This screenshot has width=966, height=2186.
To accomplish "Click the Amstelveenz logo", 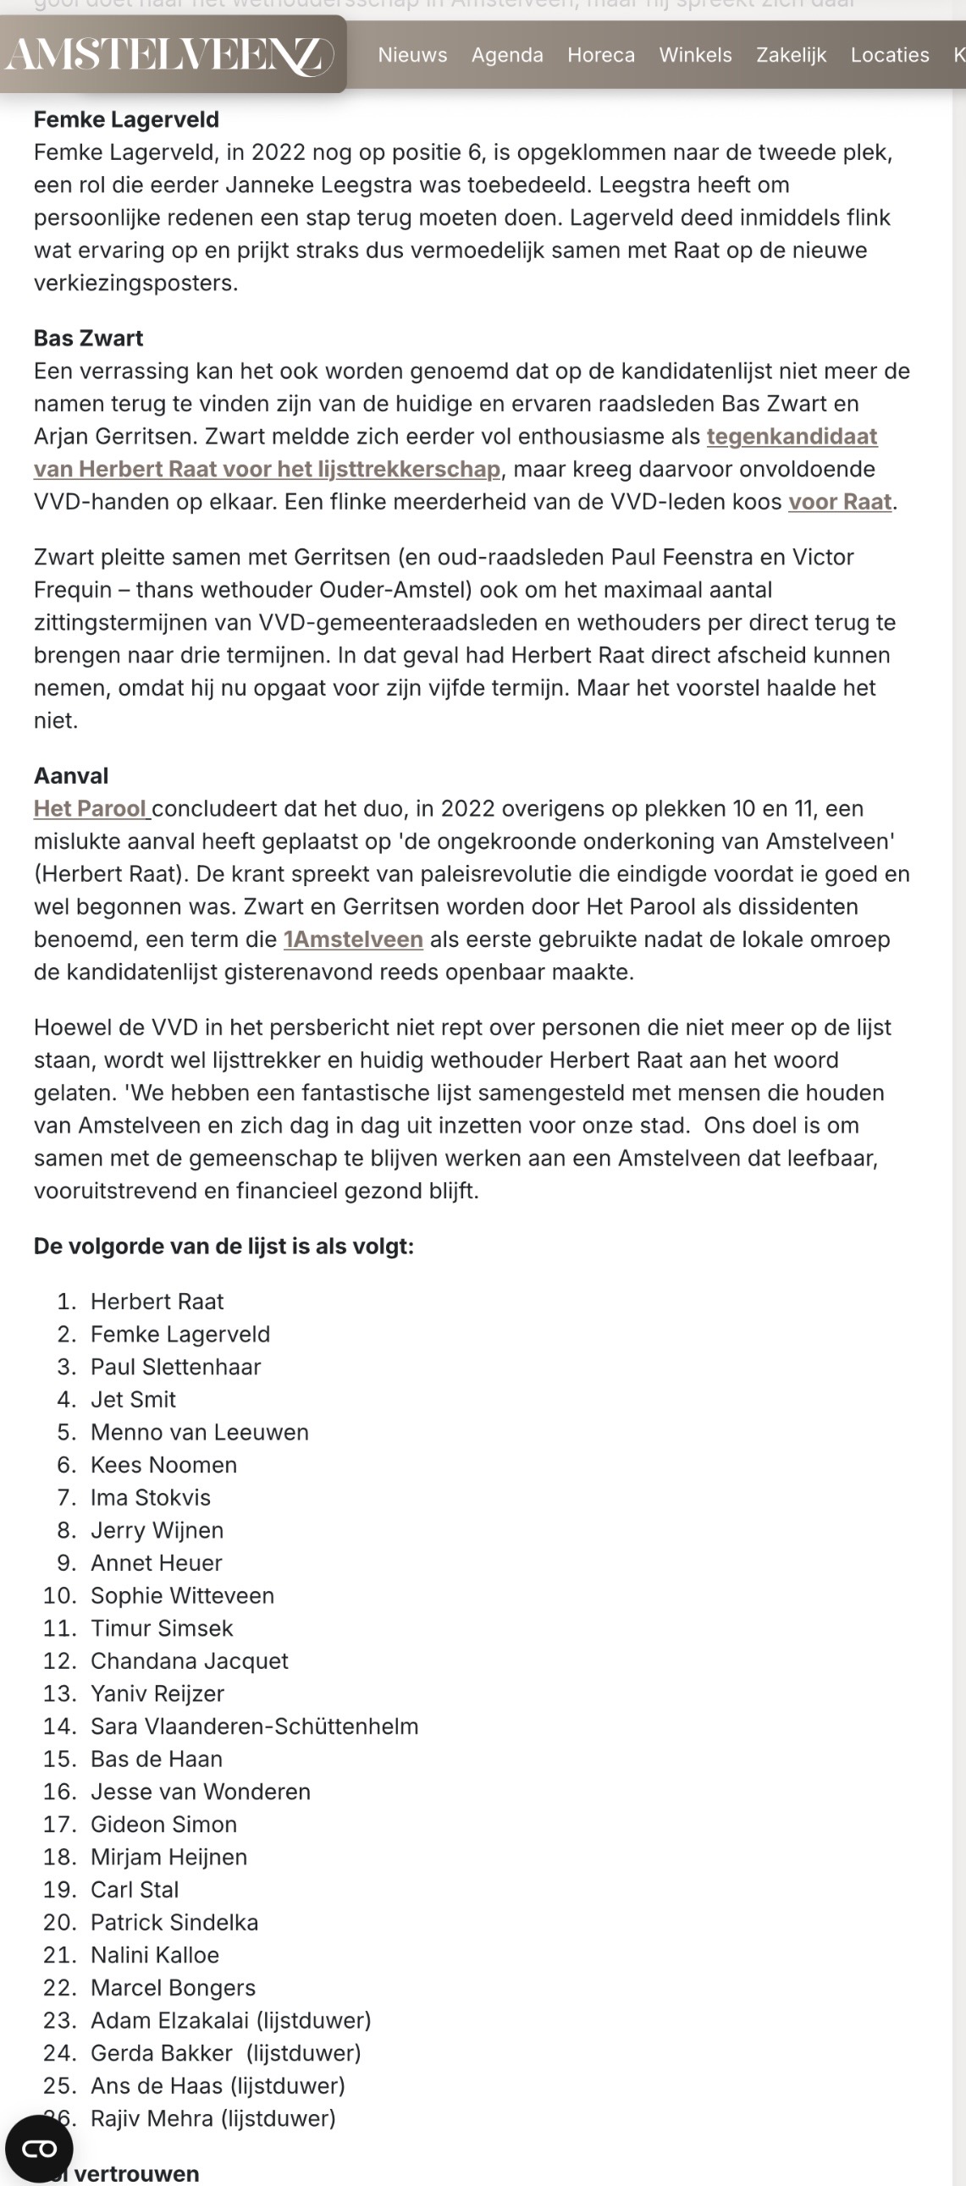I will pos(170,55).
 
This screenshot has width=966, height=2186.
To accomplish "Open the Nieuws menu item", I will pos(412,55).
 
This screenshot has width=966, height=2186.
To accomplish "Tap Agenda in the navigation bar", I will pos(507,55).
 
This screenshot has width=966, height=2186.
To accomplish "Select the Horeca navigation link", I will pos(601,55).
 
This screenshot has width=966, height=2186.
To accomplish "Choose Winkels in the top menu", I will pos(695,55).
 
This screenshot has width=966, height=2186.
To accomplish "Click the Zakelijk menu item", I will pos(791,55).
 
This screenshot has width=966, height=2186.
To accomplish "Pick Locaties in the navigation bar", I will pos(890,55).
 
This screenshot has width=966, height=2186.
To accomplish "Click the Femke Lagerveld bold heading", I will pos(126,119).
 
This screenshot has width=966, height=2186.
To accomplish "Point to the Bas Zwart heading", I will pos(88,339).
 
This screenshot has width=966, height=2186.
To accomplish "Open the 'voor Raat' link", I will pos(840,502).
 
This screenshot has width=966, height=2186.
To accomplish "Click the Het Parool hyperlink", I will pos(91,809).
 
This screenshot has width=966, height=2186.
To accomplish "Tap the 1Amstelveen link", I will pos(353,939).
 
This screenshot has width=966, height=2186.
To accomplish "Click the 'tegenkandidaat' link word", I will pos(791,436).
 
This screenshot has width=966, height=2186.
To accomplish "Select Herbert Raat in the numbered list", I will pos(157,1302).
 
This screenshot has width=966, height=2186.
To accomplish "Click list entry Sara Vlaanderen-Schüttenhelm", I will pos(254,1726).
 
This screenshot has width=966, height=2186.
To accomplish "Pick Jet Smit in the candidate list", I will pos(133,1399).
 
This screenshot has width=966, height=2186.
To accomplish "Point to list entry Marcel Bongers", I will pos(174,1987).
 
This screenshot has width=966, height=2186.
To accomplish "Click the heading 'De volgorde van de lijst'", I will pos(224,1247).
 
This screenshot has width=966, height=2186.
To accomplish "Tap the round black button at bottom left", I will pos(39,2149).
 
